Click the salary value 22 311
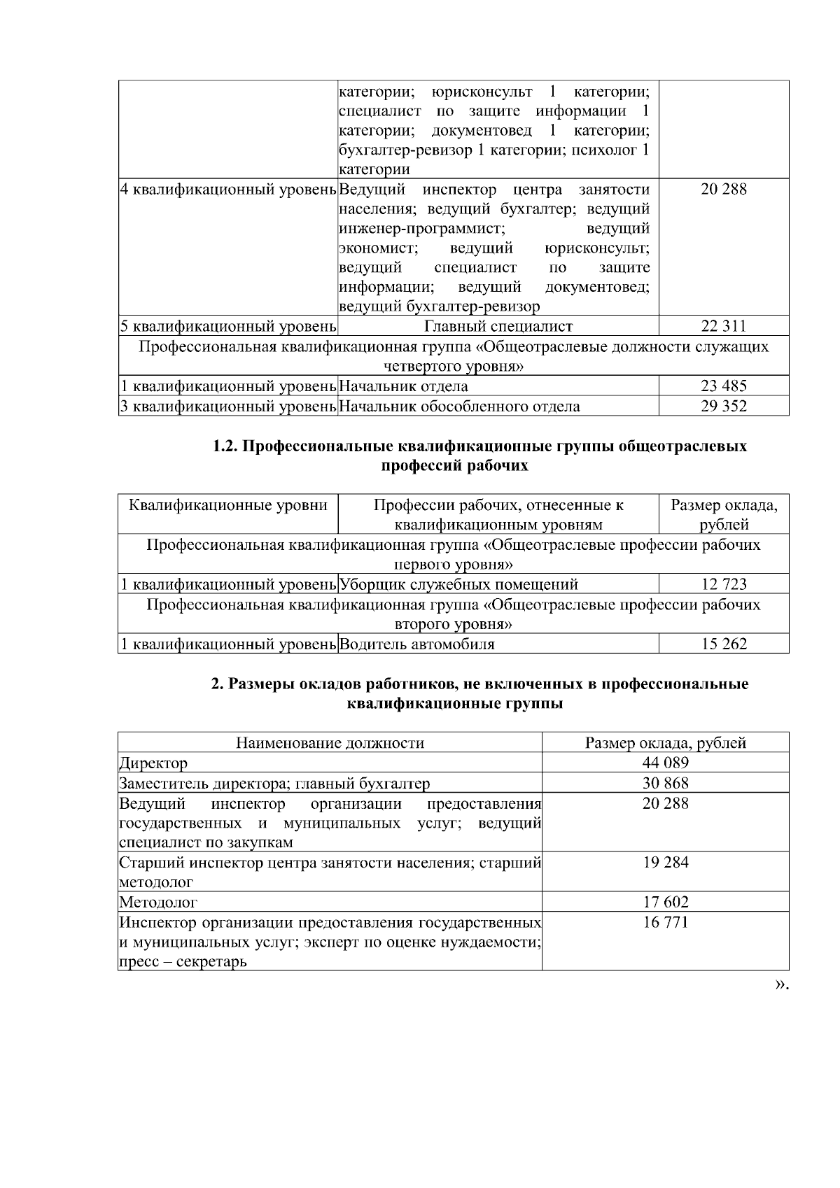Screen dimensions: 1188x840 [x=723, y=326]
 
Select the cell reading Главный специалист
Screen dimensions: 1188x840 [x=498, y=326]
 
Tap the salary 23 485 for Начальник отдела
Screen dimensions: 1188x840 [x=723, y=386]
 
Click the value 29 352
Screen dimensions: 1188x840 [x=723, y=406]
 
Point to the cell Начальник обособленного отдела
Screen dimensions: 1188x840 [x=459, y=406]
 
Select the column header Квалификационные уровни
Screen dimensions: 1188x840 [x=228, y=505]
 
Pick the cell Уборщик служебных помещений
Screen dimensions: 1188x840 [x=458, y=584]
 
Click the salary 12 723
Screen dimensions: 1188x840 [x=723, y=584]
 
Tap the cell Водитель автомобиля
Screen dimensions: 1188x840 [x=417, y=644]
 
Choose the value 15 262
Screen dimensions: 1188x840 [x=723, y=644]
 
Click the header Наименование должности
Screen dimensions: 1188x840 [x=330, y=743]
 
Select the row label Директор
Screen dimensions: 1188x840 [x=153, y=763]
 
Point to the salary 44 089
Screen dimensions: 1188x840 [x=665, y=763]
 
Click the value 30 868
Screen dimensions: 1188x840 [x=665, y=783]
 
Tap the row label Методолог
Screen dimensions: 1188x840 [x=158, y=903]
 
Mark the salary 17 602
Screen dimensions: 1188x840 [x=665, y=903]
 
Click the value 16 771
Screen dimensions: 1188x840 [x=665, y=922]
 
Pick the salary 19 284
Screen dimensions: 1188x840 [x=665, y=863]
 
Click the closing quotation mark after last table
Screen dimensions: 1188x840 [x=781, y=984]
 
